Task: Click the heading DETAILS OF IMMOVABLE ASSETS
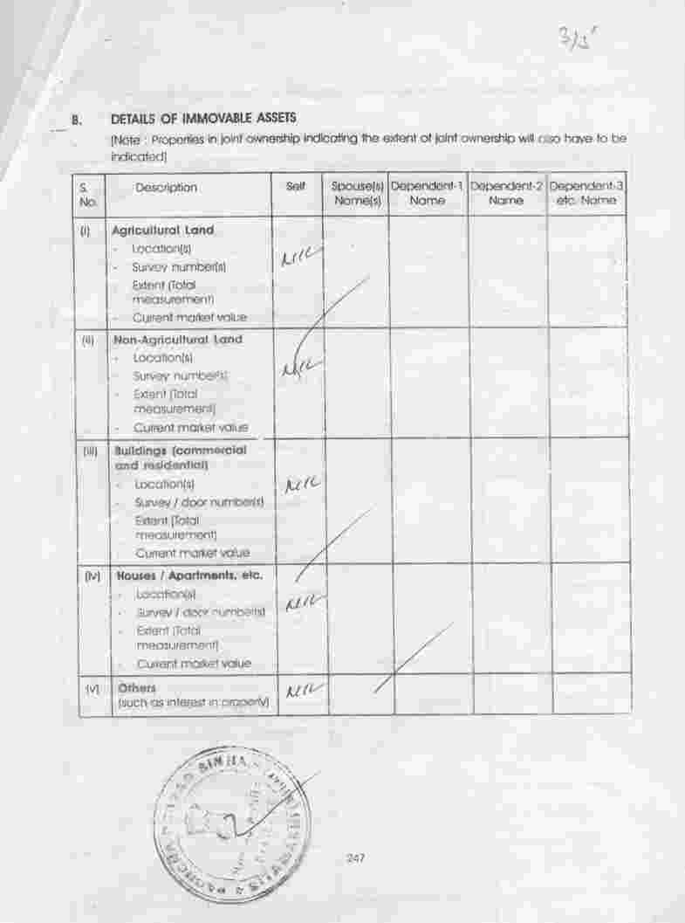(203, 118)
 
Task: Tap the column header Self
(296, 187)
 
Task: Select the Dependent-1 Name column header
(428, 194)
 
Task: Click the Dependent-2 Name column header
(506, 194)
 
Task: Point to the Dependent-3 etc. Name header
(586, 194)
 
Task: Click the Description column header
(166, 188)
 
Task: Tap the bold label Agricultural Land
(163, 231)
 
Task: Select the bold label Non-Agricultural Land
(176, 339)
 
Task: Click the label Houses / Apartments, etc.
(189, 576)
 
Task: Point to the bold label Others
(137, 688)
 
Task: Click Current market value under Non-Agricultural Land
(190, 428)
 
